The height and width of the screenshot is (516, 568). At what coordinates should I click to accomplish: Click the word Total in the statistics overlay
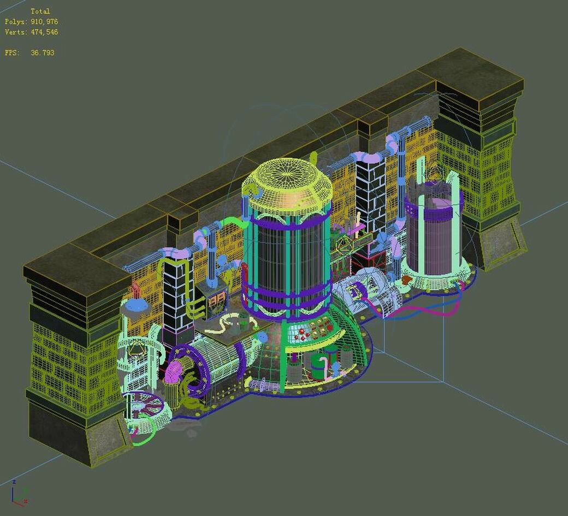(40, 11)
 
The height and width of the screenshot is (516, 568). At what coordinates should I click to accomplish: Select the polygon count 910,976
(44, 22)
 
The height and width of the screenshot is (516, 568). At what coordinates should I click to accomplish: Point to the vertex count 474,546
(44, 32)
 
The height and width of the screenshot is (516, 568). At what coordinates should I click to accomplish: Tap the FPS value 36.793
(43, 52)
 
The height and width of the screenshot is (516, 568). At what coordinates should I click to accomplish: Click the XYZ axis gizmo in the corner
(19, 493)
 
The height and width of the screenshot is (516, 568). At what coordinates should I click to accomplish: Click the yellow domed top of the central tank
(287, 185)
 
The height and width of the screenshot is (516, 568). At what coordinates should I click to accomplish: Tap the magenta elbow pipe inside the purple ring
(173, 371)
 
